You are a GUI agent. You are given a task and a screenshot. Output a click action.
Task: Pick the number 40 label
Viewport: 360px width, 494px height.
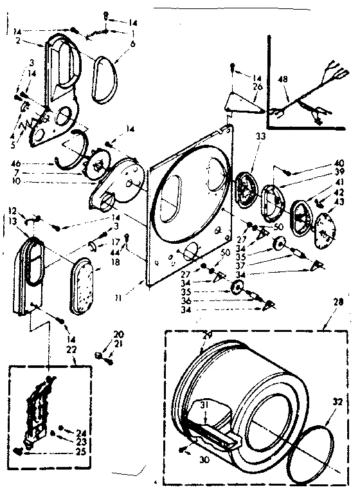[339, 164]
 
